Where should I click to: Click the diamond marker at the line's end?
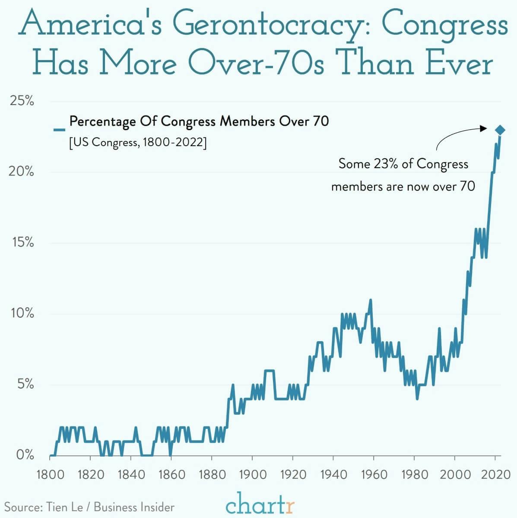coord(500,130)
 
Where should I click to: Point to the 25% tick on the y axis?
coord(22,101)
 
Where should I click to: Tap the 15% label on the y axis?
coord(22,243)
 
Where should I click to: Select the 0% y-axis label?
coord(25,455)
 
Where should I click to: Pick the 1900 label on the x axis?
coord(252,474)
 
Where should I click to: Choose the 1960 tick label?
coord(374,474)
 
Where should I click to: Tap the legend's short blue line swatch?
coord(59,129)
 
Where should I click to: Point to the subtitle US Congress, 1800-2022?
coord(138,142)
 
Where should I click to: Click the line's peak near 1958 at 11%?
coord(370,300)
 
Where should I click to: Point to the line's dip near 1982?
coord(417,398)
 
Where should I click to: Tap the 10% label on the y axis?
coord(22,313)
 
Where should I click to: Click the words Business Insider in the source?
coord(134,507)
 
